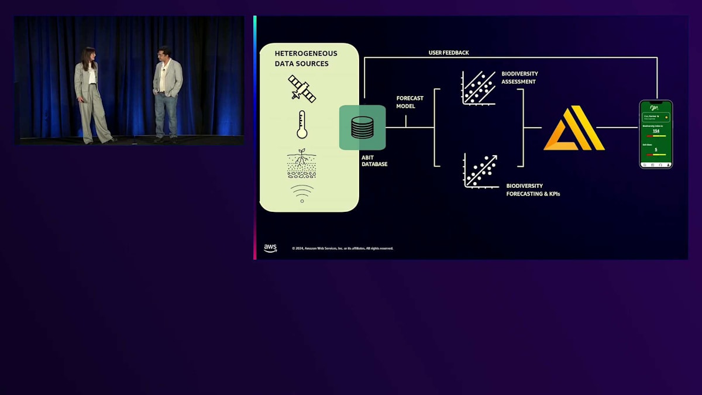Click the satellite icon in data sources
(x=302, y=88)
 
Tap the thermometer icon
(x=302, y=125)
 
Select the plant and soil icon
(x=302, y=163)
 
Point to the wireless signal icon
(x=302, y=194)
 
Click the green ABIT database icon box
(x=362, y=128)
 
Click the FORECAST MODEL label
(x=409, y=102)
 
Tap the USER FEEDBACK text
(x=449, y=53)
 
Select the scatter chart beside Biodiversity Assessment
(x=479, y=88)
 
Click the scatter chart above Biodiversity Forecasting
(x=481, y=171)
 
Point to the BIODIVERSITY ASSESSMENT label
(x=519, y=78)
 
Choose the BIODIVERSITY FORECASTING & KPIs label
(x=533, y=190)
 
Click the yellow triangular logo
(x=573, y=128)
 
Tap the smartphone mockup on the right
(x=656, y=134)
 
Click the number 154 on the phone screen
(x=656, y=131)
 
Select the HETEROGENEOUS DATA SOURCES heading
(x=306, y=59)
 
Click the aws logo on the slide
(x=270, y=248)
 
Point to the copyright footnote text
(x=343, y=248)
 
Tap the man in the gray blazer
(x=166, y=94)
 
